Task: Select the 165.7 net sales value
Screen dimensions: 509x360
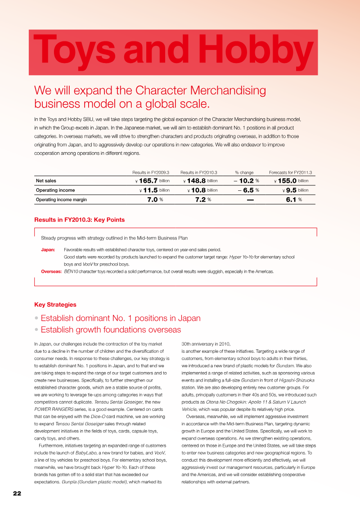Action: point(148,181)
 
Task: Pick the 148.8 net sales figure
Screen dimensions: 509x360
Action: point(196,181)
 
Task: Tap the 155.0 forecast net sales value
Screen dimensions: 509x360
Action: point(287,181)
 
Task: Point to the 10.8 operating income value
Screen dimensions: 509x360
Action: point(198,190)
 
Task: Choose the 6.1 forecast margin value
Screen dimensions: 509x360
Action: point(290,199)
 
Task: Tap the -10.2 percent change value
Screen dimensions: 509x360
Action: point(244,181)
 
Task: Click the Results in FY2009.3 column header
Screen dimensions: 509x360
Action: point(151,172)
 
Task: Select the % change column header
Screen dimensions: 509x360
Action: point(244,172)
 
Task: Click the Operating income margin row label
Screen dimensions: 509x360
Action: point(61,199)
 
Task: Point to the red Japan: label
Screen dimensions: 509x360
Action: point(48,249)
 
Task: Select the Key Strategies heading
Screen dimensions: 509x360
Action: point(55,305)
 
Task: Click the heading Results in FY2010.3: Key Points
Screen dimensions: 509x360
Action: point(79,220)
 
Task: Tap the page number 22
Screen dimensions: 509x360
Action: point(17,493)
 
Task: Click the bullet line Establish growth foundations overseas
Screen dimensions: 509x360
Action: point(110,329)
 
